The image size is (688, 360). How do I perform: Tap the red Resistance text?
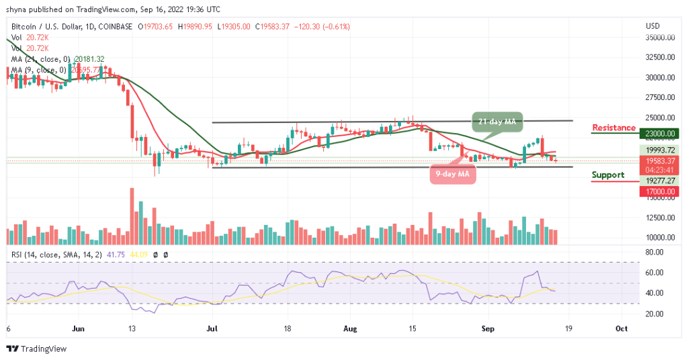coord(613,128)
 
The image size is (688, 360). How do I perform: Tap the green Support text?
coord(607,175)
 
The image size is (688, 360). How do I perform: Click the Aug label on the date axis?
coord(347,329)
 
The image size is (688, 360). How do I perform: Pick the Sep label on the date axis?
coord(488,329)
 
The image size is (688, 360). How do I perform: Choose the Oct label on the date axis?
coord(621,329)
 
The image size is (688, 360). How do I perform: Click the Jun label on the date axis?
coord(78,329)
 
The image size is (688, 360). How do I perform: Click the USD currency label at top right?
coord(652,26)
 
